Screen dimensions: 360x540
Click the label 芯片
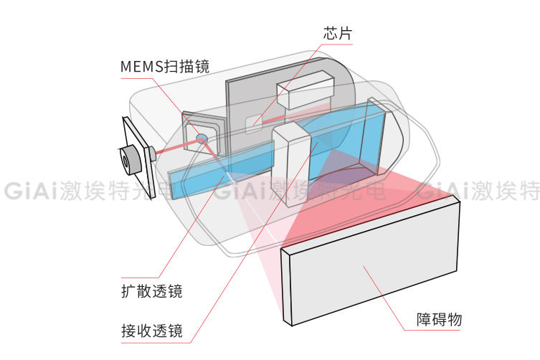tap(337, 33)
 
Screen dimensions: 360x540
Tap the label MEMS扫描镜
tap(164, 67)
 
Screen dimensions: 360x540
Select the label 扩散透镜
tap(151, 291)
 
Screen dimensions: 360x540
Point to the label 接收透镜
tap(151, 331)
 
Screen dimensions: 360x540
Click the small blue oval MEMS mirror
tap(202, 136)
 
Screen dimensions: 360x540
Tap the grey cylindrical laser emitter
tap(130, 158)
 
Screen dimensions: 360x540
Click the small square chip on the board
tap(254, 123)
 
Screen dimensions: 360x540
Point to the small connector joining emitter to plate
tap(152, 153)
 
